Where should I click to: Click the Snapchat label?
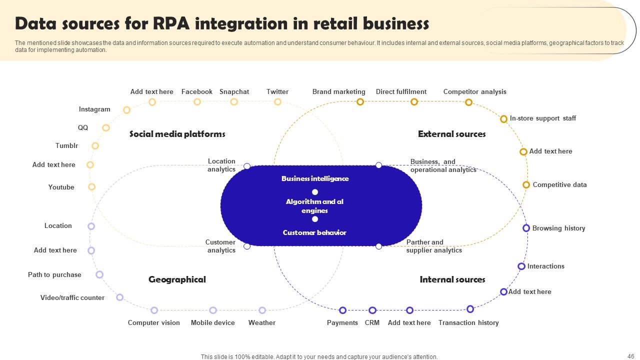click(x=234, y=91)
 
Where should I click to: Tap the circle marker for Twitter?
click(x=277, y=102)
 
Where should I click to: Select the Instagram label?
click(x=94, y=109)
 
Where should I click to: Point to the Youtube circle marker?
click(x=91, y=187)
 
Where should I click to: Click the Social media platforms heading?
click(x=177, y=134)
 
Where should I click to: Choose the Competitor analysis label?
click(x=474, y=91)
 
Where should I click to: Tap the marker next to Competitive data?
click(x=526, y=185)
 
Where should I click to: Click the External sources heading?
click(x=451, y=134)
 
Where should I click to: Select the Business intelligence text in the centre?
click(x=315, y=178)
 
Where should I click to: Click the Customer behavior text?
click(x=314, y=232)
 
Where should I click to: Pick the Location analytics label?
click(x=221, y=165)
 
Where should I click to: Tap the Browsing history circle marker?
click(x=526, y=228)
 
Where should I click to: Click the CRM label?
click(x=372, y=322)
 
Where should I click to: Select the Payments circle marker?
click(x=342, y=310)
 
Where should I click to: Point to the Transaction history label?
click(x=468, y=322)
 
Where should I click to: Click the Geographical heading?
click(x=177, y=279)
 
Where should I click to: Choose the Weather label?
click(x=261, y=322)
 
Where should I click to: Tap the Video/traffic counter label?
click(x=72, y=297)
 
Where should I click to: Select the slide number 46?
click(x=630, y=356)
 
